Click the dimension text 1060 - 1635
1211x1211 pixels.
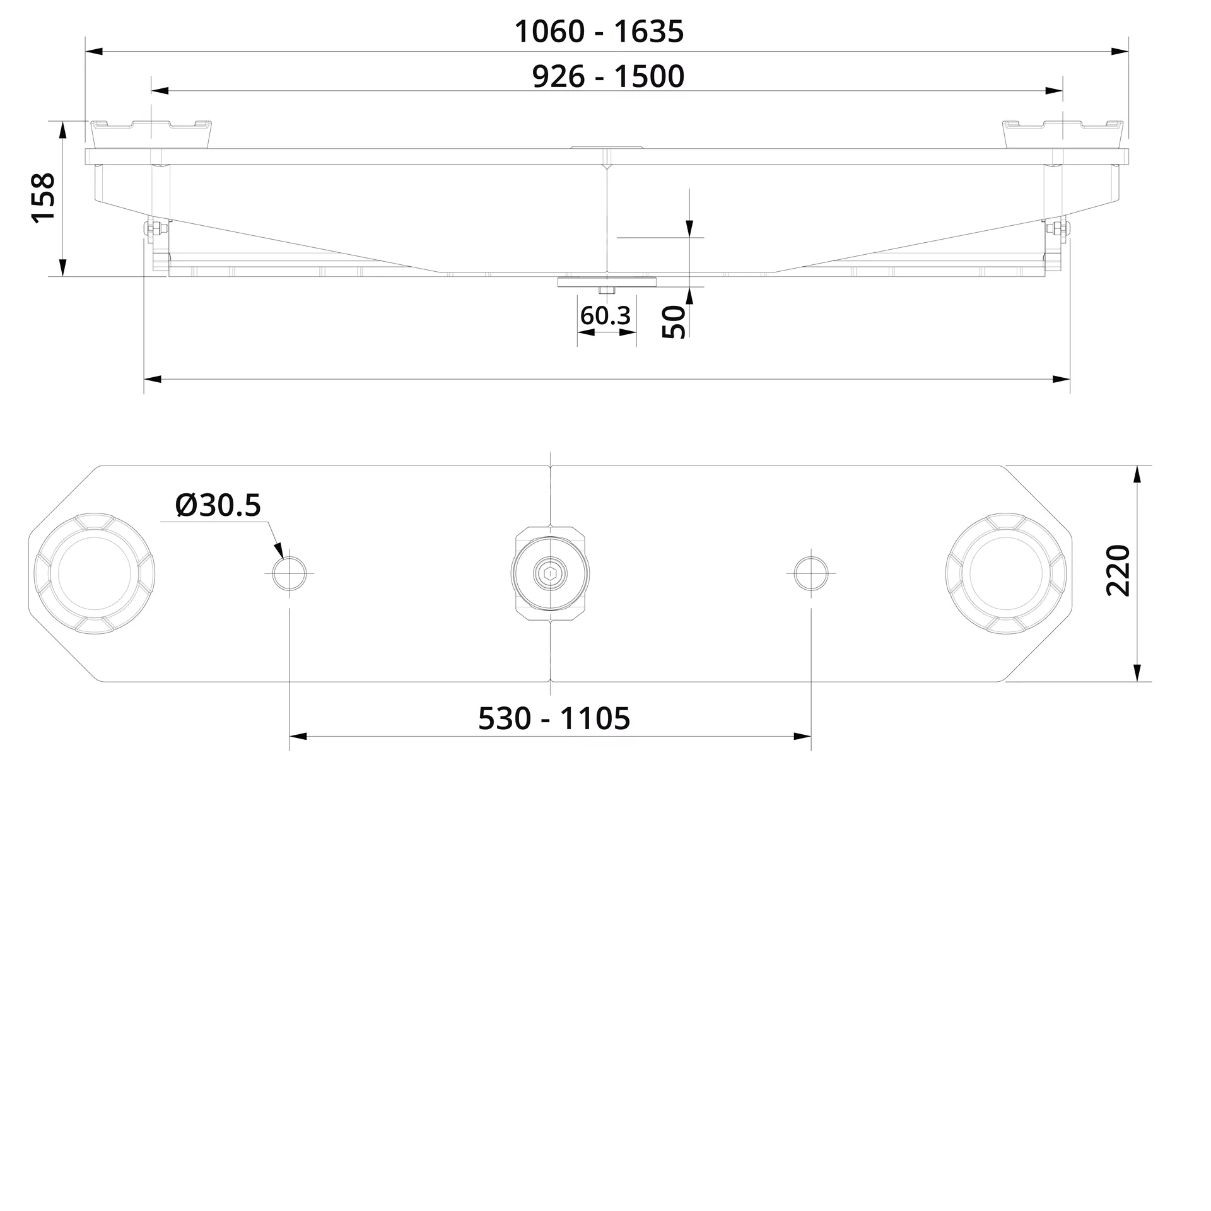(x=599, y=32)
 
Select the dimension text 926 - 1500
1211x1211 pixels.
(x=608, y=76)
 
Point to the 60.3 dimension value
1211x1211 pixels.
(x=605, y=315)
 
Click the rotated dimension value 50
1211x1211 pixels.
(x=674, y=322)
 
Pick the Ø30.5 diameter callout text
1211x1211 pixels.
(x=218, y=505)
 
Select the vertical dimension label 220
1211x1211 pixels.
(x=1118, y=570)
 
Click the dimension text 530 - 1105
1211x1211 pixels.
(x=554, y=718)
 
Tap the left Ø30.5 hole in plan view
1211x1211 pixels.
(x=290, y=574)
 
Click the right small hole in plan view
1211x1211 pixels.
(x=811, y=574)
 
